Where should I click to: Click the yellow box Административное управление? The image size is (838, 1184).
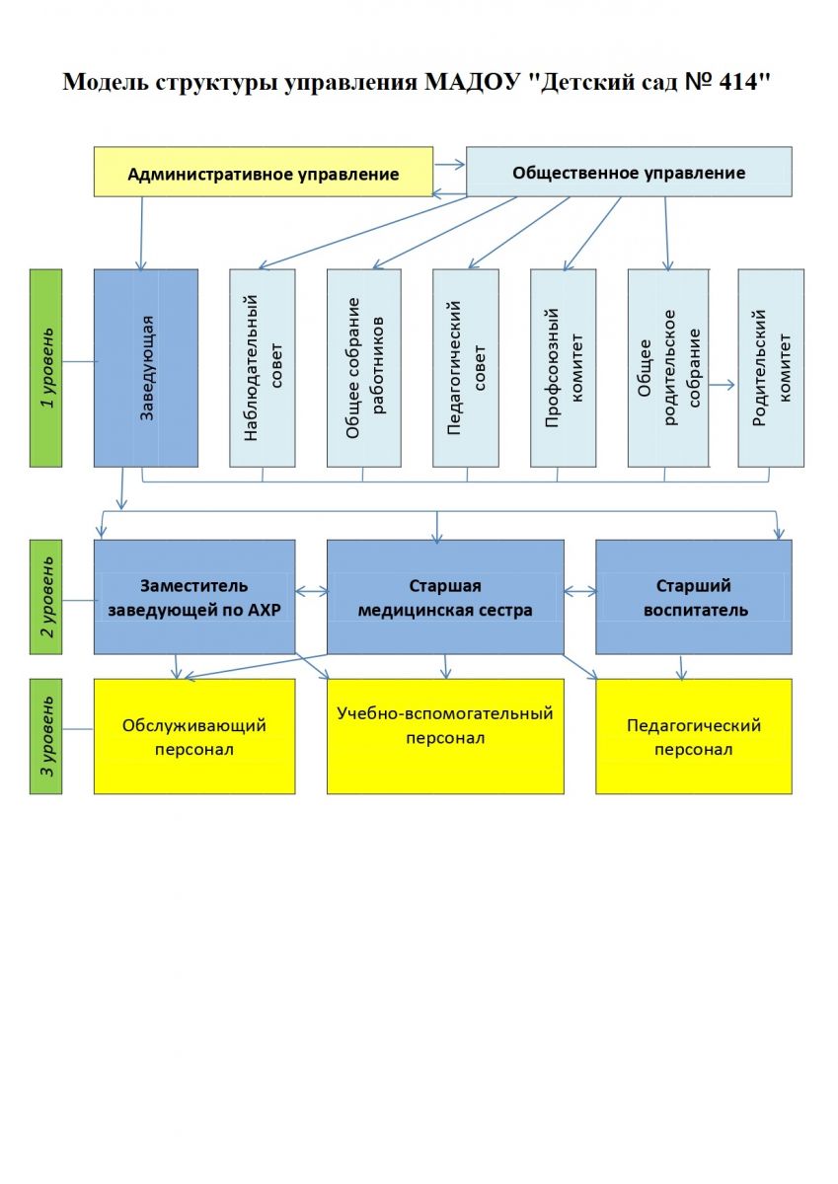(x=263, y=173)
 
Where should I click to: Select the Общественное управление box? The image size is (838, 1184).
(x=629, y=172)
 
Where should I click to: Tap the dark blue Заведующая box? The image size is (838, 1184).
(x=146, y=367)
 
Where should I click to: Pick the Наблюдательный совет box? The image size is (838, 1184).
(x=263, y=367)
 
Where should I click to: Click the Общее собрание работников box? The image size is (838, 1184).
(x=363, y=367)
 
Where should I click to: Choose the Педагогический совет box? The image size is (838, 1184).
(x=466, y=367)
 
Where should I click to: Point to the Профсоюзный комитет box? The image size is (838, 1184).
(x=563, y=367)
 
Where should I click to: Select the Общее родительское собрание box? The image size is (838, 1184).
(x=668, y=367)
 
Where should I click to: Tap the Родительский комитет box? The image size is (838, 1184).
(x=771, y=367)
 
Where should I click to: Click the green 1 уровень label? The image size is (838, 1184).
(x=46, y=367)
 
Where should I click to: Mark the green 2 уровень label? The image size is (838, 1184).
(x=46, y=596)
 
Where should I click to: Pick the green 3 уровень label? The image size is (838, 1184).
(x=46, y=735)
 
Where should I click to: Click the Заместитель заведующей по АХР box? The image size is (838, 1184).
(x=194, y=597)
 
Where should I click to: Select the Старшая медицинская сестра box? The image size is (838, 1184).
(x=445, y=597)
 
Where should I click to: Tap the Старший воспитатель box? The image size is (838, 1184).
(x=694, y=597)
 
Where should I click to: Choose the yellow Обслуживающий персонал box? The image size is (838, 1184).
(x=194, y=736)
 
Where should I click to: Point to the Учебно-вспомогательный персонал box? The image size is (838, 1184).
(x=445, y=736)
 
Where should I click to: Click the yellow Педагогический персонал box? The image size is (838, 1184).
(x=694, y=736)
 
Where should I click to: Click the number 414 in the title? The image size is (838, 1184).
(x=742, y=82)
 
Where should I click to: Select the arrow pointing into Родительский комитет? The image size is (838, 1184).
(x=724, y=386)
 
